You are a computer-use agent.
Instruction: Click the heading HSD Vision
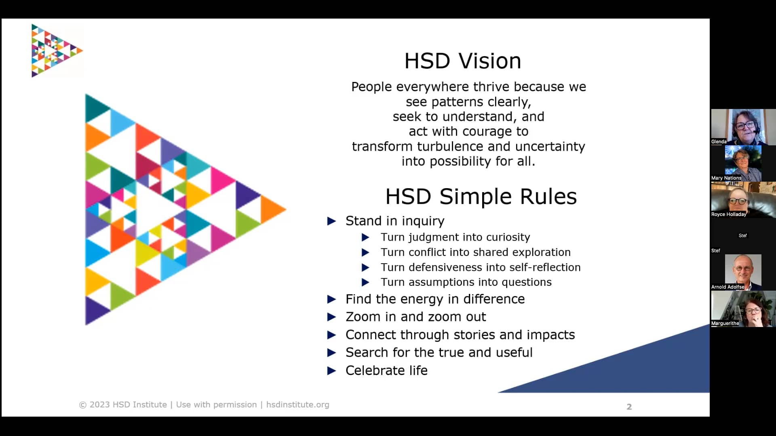coord(462,61)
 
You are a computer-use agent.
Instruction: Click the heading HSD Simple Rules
coord(481,197)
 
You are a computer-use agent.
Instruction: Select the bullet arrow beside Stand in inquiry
coord(331,221)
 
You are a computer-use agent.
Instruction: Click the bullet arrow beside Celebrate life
coord(331,371)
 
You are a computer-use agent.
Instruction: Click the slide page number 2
coord(629,407)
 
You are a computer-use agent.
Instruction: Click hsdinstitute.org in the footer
coord(297,405)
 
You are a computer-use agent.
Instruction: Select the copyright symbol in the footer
coord(82,405)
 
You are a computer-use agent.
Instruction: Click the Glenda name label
coord(719,142)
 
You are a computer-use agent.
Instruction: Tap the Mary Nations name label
coord(726,178)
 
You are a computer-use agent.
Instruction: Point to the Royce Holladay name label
coord(729,214)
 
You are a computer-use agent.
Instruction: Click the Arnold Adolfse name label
coord(727,287)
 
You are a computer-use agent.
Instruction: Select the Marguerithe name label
coord(725,323)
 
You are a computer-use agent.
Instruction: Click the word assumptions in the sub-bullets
coord(433,282)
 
